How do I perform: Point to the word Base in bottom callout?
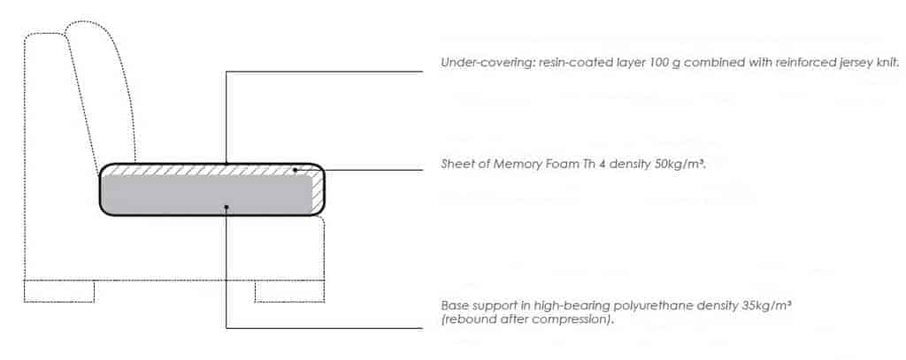pos(452,306)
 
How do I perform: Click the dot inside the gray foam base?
pos(227,206)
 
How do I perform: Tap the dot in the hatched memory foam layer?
pos(295,170)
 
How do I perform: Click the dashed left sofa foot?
pos(59,291)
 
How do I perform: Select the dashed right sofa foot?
pos(289,291)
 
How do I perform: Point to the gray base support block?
pos(206,195)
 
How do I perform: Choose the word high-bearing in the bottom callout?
pos(587,306)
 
